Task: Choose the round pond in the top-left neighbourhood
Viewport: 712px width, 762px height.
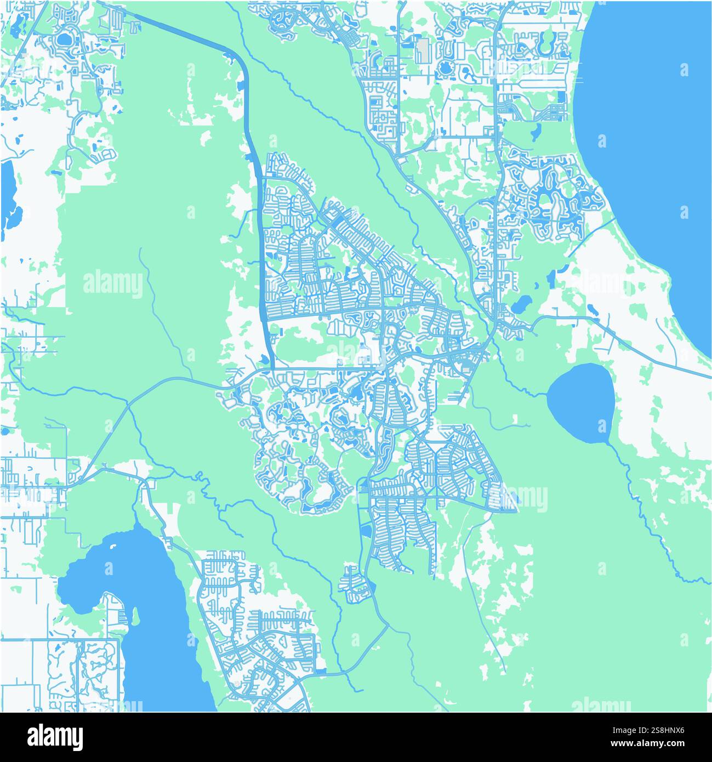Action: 64,39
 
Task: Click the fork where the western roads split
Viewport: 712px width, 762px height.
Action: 129,405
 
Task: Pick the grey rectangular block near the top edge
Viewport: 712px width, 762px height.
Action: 423,50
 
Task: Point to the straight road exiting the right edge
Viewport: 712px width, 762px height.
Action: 696,373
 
